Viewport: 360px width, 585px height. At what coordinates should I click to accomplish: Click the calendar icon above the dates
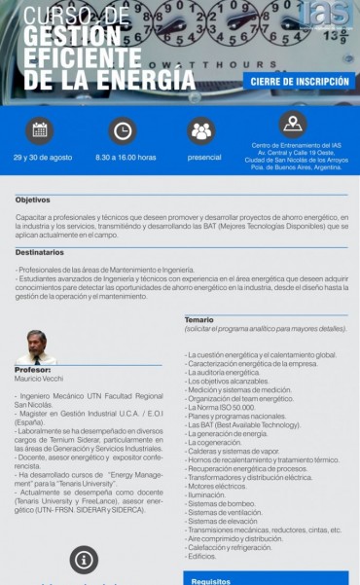(x=40, y=128)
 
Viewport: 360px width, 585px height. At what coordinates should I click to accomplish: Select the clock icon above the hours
(x=123, y=128)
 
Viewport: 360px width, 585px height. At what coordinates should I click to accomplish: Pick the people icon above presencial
(x=201, y=128)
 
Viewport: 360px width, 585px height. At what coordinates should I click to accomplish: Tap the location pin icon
(x=292, y=123)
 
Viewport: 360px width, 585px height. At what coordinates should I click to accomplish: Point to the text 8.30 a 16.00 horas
(x=126, y=157)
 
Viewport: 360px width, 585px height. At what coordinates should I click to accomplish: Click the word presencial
(x=204, y=157)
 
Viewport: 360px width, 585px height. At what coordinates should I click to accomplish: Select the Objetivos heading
(x=32, y=200)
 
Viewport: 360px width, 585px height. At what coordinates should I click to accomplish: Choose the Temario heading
(x=199, y=319)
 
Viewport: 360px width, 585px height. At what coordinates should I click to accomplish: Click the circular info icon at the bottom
(x=84, y=559)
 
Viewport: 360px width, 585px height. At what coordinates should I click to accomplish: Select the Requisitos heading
(x=210, y=581)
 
